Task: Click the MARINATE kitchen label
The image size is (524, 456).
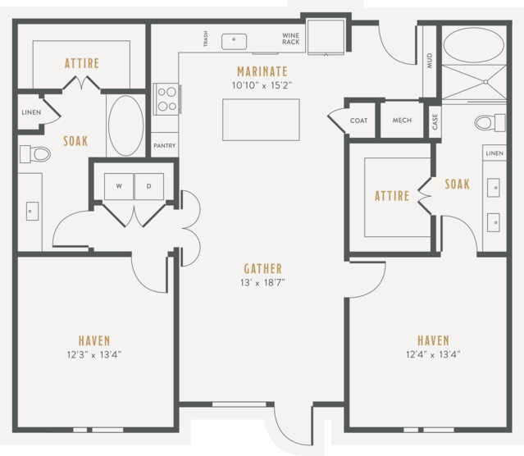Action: (x=262, y=71)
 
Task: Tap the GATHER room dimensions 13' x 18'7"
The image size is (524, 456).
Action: (x=262, y=283)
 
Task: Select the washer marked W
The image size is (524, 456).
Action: (x=119, y=186)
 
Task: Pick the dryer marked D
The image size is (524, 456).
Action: (x=149, y=186)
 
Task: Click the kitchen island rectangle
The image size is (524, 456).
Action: (x=261, y=120)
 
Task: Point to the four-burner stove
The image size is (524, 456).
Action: (x=166, y=99)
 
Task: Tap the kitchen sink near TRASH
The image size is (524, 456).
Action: (x=234, y=42)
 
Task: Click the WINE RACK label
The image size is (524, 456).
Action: (x=291, y=39)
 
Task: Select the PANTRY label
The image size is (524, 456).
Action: (x=165, y=146)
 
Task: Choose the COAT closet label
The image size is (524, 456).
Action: (x=358, y=121)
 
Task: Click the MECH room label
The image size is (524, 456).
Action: (x=402, y=120)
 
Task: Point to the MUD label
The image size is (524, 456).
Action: (x=430, y=61)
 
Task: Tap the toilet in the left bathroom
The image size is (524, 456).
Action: (x=35, y=154)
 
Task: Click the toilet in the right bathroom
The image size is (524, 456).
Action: (x=490, y=122)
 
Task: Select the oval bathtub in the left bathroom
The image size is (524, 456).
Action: (x=126, y=125)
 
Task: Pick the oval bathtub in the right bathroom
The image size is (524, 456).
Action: (x=473, y=45)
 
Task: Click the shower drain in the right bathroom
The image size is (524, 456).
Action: (x=485, y=81)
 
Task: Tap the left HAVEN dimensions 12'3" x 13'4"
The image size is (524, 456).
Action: (x=94, y=354)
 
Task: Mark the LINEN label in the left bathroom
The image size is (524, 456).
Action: (x=31, y=112)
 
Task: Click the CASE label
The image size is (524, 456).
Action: (x=435, y=121)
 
